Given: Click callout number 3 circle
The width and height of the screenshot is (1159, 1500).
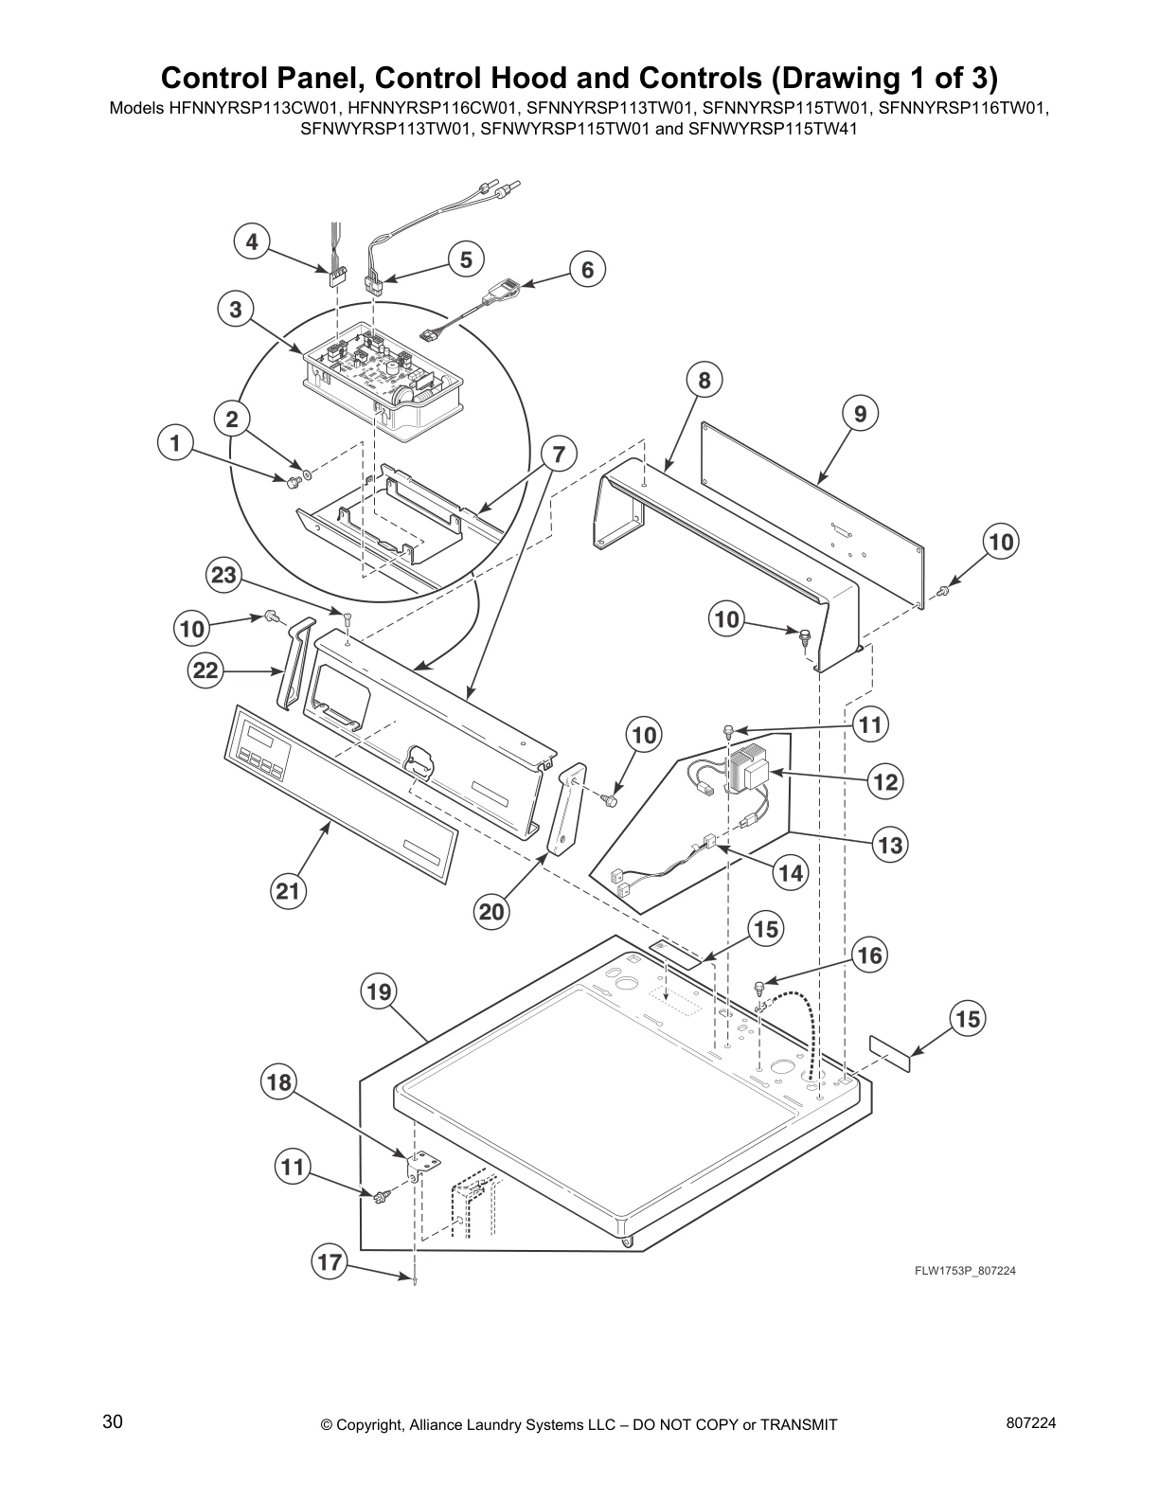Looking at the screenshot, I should click(235, 309).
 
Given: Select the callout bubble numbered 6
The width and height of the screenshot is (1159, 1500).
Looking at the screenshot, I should click(587, 270).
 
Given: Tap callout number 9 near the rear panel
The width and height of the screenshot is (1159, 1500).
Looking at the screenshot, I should click(860, 414).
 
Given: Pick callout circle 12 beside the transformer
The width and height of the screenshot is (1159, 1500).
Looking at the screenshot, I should click(886, 782).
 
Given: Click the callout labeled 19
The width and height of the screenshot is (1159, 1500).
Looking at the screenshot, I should click(378, 992).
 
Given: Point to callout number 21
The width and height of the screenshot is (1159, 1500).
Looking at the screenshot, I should click(288, 891).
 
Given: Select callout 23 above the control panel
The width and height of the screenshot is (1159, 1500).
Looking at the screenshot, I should click(225, 576).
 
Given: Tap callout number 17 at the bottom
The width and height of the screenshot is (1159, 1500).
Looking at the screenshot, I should click(329, 1262).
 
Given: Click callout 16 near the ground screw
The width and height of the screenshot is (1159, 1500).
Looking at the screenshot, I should click(868, 955).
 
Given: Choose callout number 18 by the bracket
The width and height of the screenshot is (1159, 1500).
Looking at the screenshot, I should click(280, 1082).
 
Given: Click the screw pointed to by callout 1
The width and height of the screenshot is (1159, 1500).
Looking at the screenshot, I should click(293, 483).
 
